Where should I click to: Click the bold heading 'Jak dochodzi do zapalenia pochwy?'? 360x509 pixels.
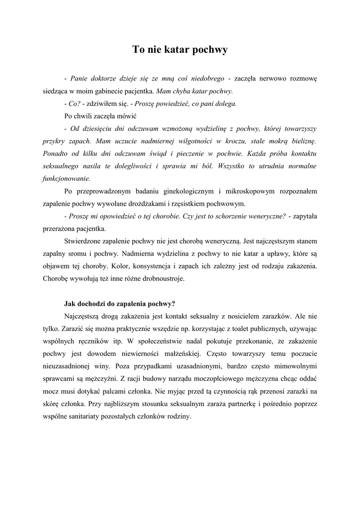(x=120, y=304)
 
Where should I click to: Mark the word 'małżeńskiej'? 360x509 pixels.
(x=181, y=353)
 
